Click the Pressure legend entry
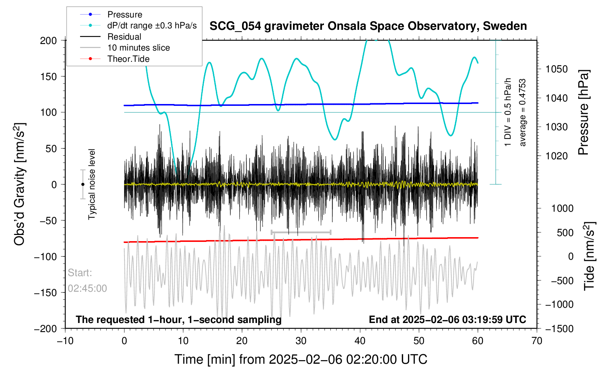111,15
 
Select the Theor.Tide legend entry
115,59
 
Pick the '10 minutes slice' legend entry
125,48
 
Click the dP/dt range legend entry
138,25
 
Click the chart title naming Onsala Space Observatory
368,26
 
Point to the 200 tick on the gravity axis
48,41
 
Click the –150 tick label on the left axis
45,292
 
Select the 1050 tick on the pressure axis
556,69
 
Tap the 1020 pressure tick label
556,156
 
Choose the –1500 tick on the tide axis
559,328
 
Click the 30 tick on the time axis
301,341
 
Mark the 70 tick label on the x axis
537,341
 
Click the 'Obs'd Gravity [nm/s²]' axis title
19,184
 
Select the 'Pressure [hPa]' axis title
584,112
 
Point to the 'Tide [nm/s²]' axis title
589,256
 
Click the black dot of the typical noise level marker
83,184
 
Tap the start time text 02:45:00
87,288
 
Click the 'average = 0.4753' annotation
523,112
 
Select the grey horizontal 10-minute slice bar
301,232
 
